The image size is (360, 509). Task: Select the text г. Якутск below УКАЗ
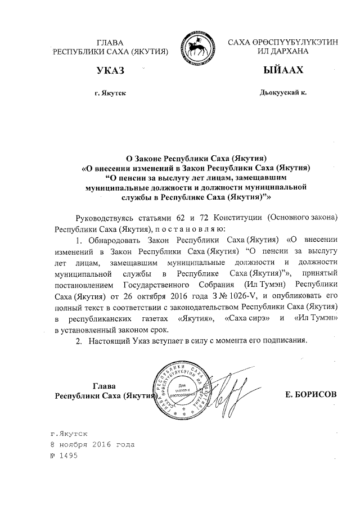coord(111,92)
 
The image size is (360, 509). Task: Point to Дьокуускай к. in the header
coord(283,92)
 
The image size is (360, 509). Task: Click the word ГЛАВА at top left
coord(111,42)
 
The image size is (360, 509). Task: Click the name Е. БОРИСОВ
coord(311,395)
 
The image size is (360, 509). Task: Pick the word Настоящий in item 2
coord(109,341)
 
